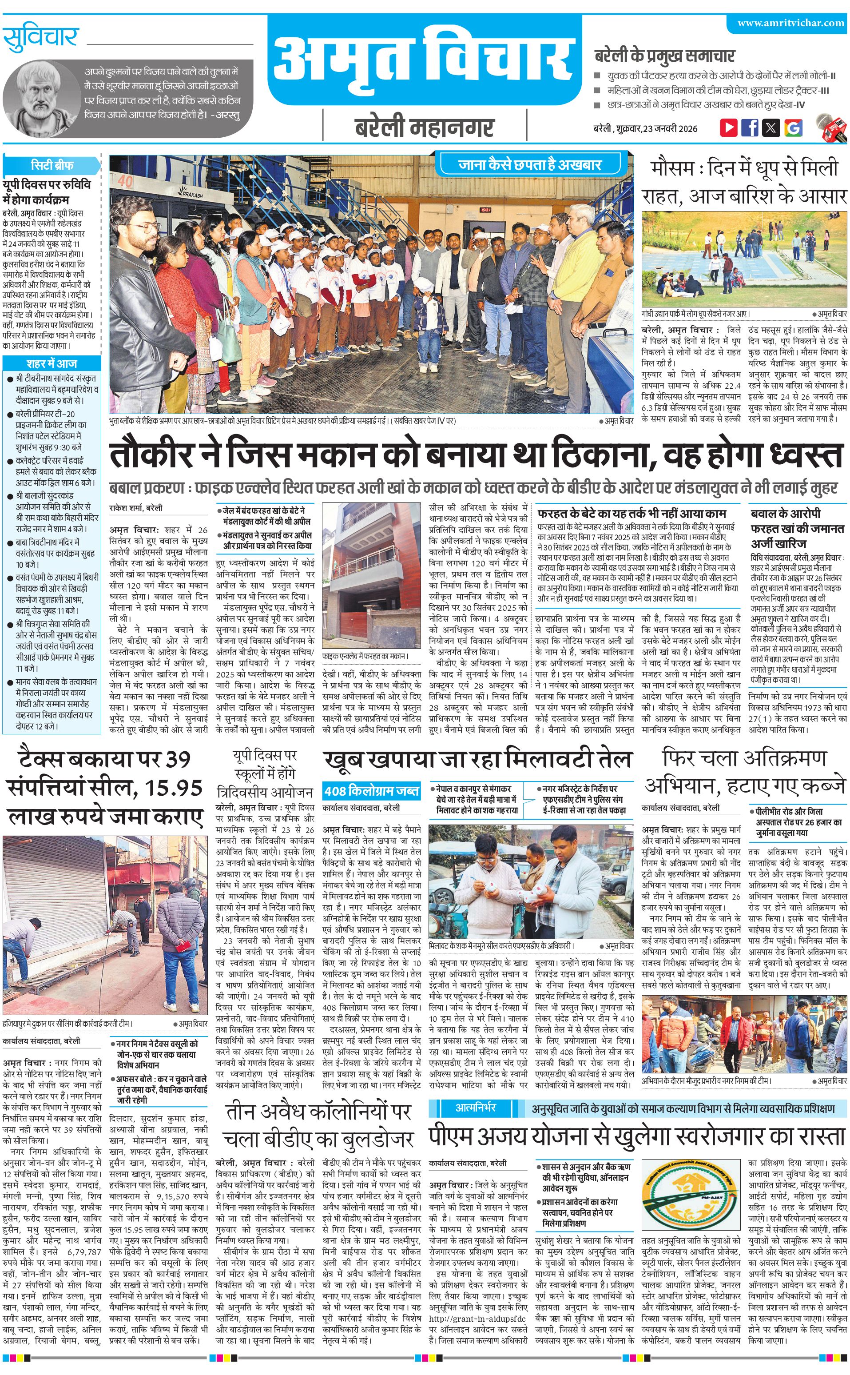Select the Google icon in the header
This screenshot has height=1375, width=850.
pos(793,128)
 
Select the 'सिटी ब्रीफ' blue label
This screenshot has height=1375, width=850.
pos(52,165)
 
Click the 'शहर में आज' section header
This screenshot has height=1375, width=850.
pos(52,363)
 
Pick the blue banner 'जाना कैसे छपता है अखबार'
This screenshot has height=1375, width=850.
pos(529,165)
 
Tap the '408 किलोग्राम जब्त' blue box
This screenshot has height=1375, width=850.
pos(371,791)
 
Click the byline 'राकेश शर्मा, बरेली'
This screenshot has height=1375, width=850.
pos(136,508)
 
